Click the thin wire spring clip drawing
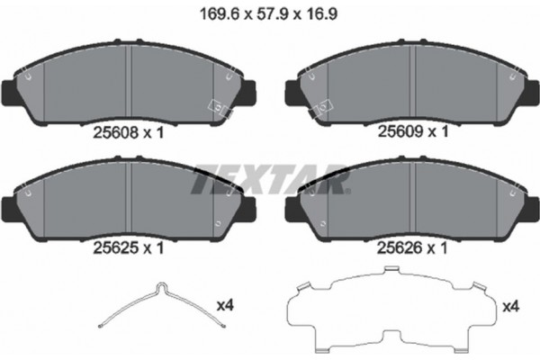pos(158,306)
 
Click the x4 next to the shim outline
pos(508,306)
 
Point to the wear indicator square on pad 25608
pos(218,105)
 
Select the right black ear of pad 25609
pos(535,90)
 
